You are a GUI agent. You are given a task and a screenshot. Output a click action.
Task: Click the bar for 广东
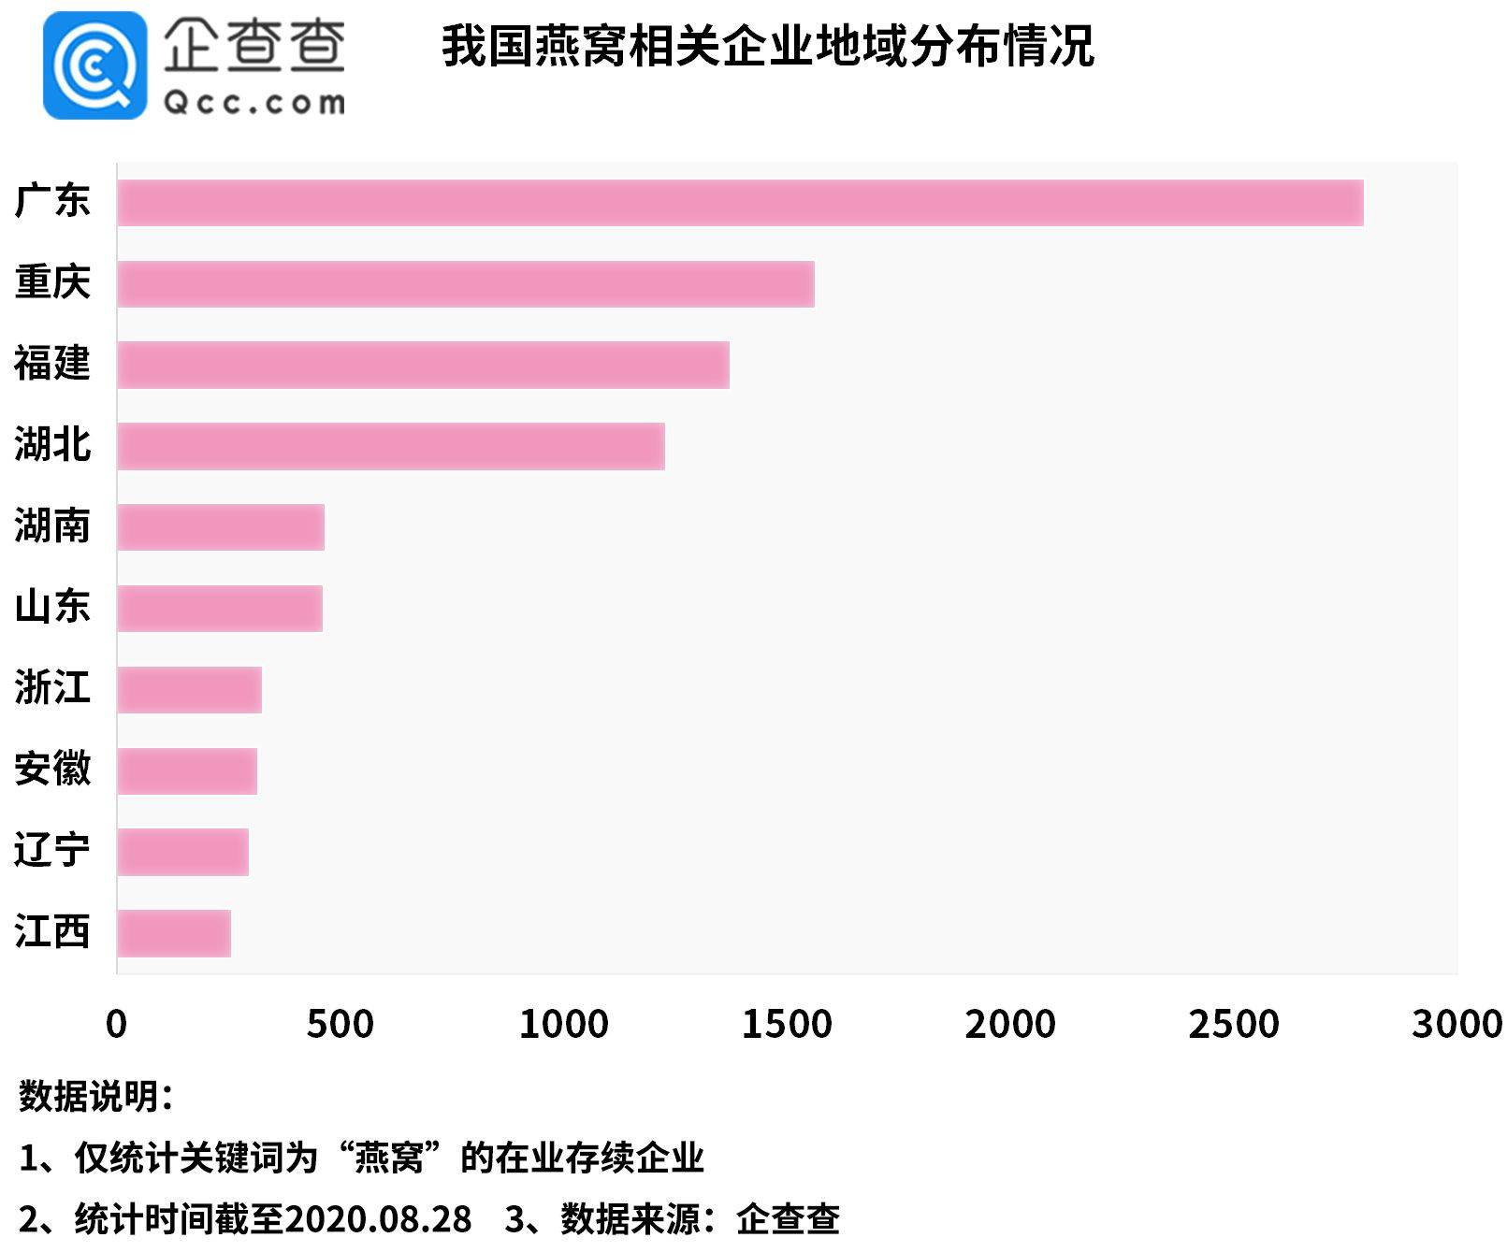(739, 203)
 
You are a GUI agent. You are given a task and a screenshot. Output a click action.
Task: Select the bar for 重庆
(466, 284)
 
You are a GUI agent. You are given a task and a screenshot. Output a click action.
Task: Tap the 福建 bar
(423, 365)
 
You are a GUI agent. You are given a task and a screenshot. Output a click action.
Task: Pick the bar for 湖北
(391, 446)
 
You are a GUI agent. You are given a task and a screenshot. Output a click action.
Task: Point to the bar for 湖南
(221, 527)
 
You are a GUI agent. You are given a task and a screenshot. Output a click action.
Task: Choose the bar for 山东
(220, 609)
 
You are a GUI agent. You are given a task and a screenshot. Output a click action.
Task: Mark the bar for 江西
(174, 933)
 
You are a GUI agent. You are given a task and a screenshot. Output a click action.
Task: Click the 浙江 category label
(52, 688)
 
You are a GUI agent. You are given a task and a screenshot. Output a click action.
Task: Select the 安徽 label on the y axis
(52, 770)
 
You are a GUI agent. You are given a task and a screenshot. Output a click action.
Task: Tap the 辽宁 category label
(52, 851)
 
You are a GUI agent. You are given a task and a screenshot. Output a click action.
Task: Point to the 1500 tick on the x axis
(787, 1025)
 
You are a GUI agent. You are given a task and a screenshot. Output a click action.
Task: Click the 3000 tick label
(1456, 1025)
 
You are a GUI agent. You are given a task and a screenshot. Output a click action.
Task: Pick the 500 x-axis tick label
(340, 1025)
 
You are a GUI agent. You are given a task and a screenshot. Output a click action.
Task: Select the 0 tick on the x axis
(117, 1025)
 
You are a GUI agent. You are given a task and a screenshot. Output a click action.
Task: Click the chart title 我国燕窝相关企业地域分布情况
(767, 47)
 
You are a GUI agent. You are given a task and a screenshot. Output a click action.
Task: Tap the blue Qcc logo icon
(94, 65)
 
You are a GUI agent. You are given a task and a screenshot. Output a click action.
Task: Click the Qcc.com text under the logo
(254, 102)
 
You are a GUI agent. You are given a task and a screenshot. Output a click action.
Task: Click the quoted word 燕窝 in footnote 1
(389, 1158)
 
